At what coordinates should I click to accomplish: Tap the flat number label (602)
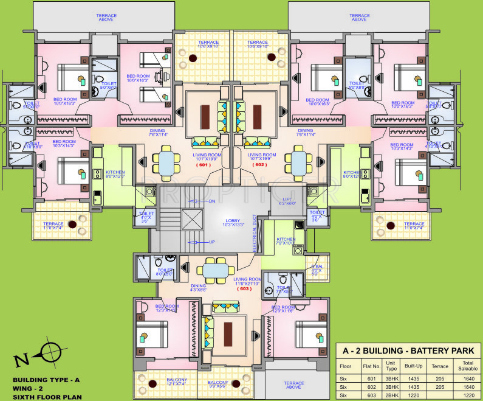[260, 164]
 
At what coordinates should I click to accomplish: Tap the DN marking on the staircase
[211, 201]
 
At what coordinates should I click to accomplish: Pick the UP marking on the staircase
[211, 242]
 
